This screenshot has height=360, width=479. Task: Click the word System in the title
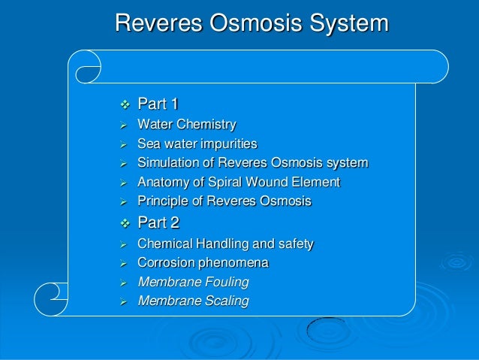[x=348, y=23]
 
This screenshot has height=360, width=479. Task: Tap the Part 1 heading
[x=158, y=104]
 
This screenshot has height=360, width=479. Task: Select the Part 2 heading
[x=158, y=222]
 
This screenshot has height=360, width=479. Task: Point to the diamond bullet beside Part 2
[x=125, y=223]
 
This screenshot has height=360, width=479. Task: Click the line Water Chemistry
[x=187, y=124]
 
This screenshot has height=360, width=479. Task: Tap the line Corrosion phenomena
[x=203, y=263]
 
